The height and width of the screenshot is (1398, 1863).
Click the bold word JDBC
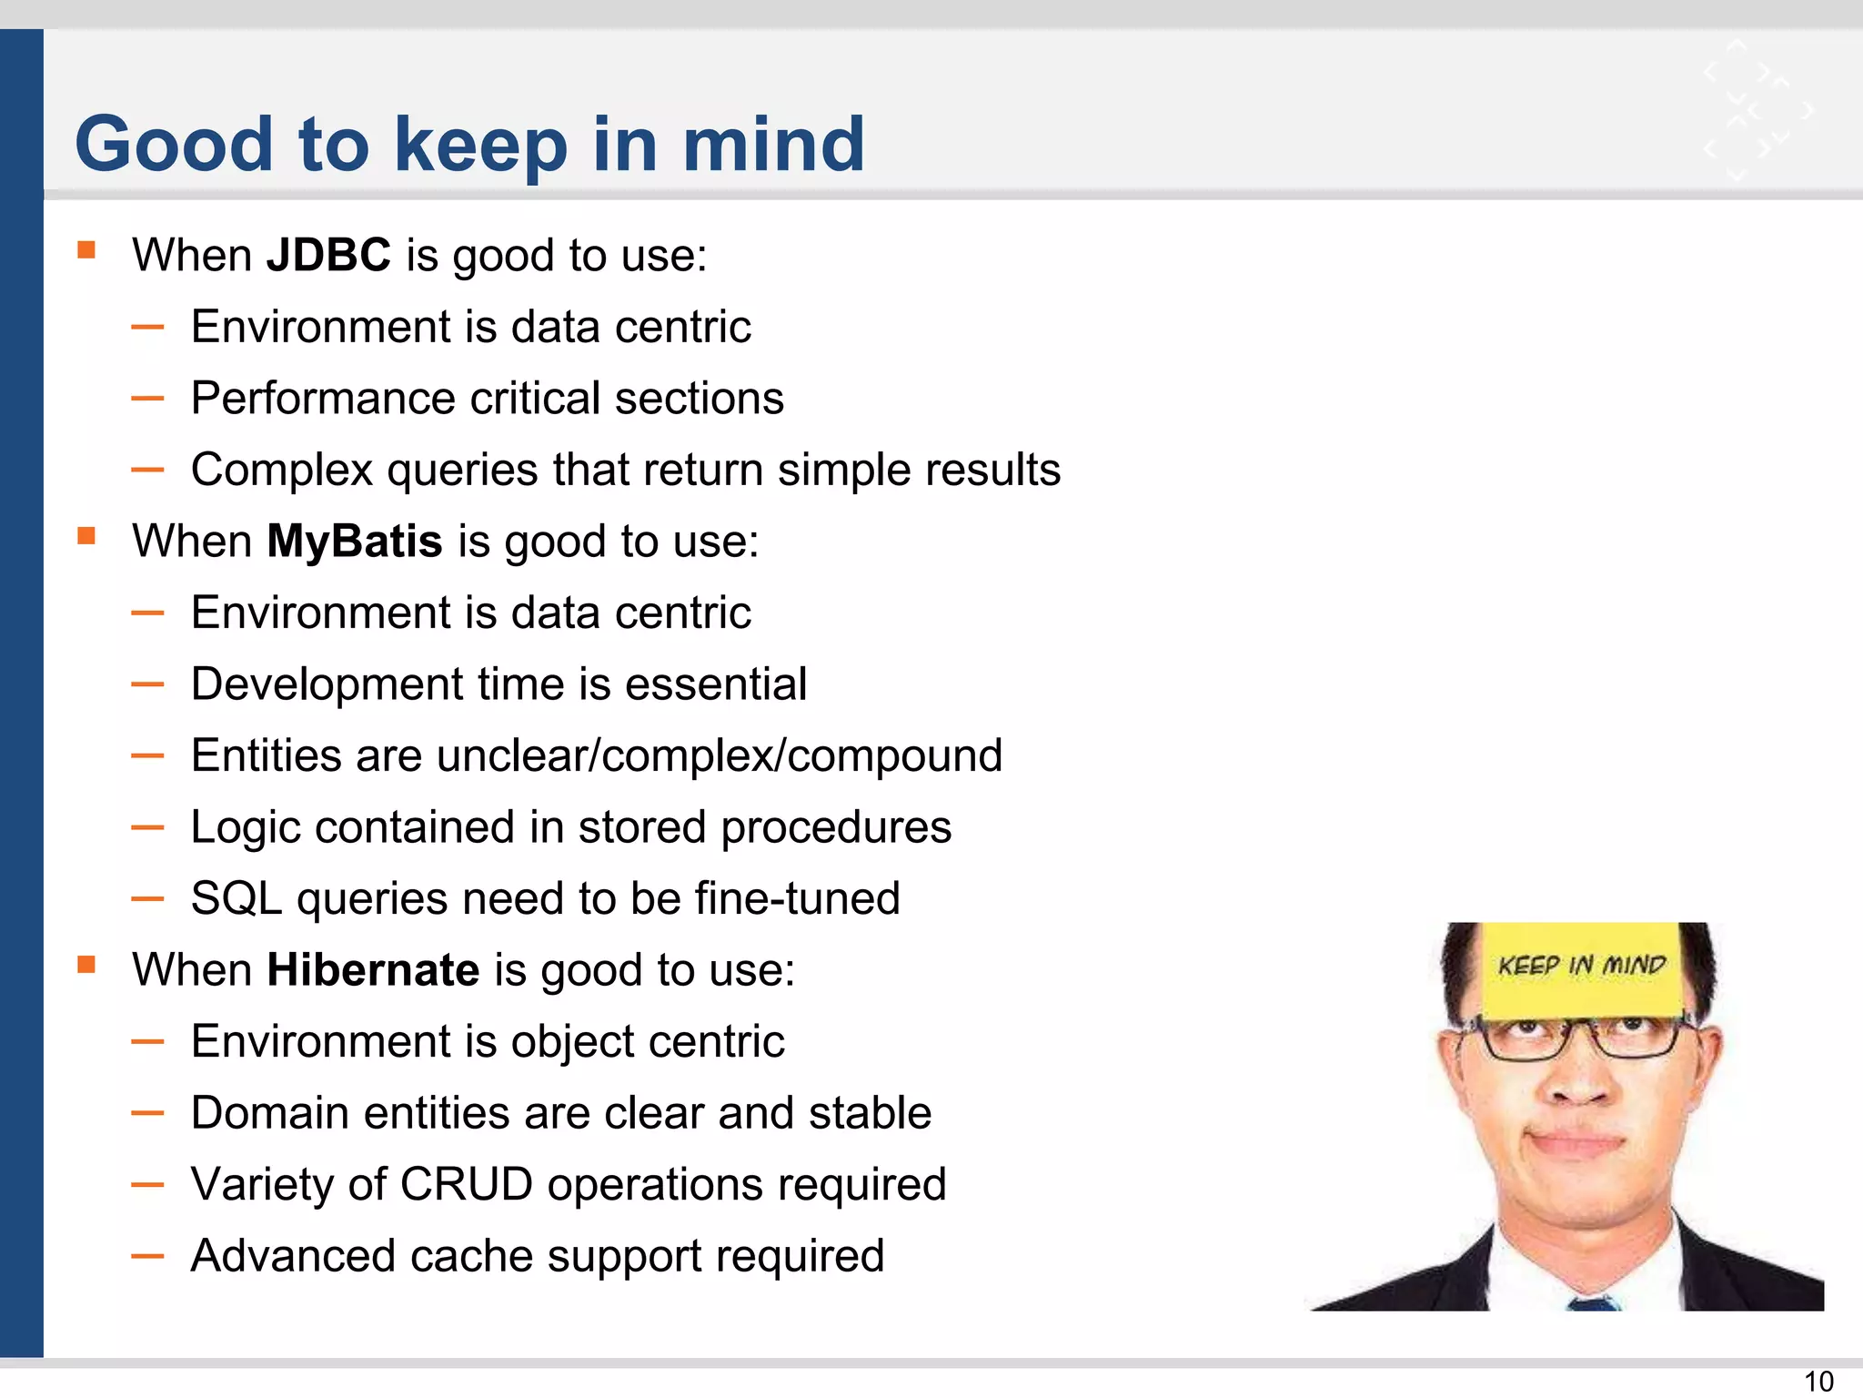coord(328,255)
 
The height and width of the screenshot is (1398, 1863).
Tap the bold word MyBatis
coord(354,542)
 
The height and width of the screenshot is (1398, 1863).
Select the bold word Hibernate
coord(373,970)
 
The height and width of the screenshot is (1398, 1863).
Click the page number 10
coord(1818,1382)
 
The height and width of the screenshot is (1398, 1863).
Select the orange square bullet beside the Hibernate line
coord(86,965)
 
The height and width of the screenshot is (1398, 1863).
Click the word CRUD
coord(466,1185)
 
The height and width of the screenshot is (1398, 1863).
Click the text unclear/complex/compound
coord(719,756)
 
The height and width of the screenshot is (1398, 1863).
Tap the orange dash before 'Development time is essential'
coord(147,684)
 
